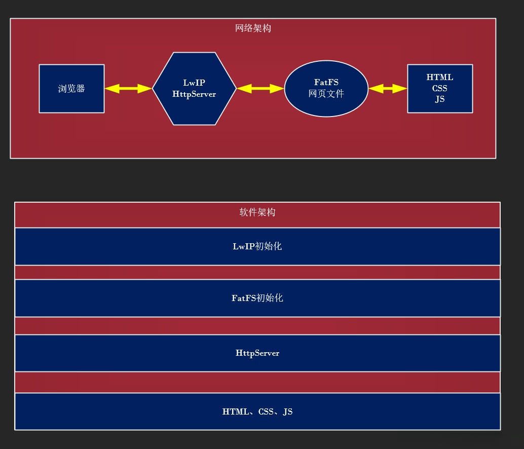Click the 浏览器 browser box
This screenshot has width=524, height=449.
point(71,89)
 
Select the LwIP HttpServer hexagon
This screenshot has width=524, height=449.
point(194,89)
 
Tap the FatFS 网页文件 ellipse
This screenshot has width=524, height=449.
point(326,89)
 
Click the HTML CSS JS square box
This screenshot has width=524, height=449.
point(440,89)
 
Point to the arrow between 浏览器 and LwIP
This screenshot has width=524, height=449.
point(128,89)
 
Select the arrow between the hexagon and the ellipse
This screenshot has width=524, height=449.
point(260,89)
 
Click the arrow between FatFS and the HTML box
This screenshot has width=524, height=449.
point(388,89)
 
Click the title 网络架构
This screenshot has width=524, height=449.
point(253,28)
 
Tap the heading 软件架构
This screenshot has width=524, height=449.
point(257,212)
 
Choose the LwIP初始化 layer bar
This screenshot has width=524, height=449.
point(257,247)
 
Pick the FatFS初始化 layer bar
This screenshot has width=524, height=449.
point(257,298)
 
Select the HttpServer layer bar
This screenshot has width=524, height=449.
point(257,353)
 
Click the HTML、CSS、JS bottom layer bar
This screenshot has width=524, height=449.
point(257,411)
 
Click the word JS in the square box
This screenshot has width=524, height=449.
point(440,99)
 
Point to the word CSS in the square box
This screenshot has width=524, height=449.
point(440,88)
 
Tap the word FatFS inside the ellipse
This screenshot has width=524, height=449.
point(326,82)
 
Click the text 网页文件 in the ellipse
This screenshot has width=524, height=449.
point(326,94)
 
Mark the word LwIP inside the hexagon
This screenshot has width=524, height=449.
point(194,83)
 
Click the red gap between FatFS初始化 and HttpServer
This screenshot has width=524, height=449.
point(257,326)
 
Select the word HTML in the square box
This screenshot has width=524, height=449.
point(440,78)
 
